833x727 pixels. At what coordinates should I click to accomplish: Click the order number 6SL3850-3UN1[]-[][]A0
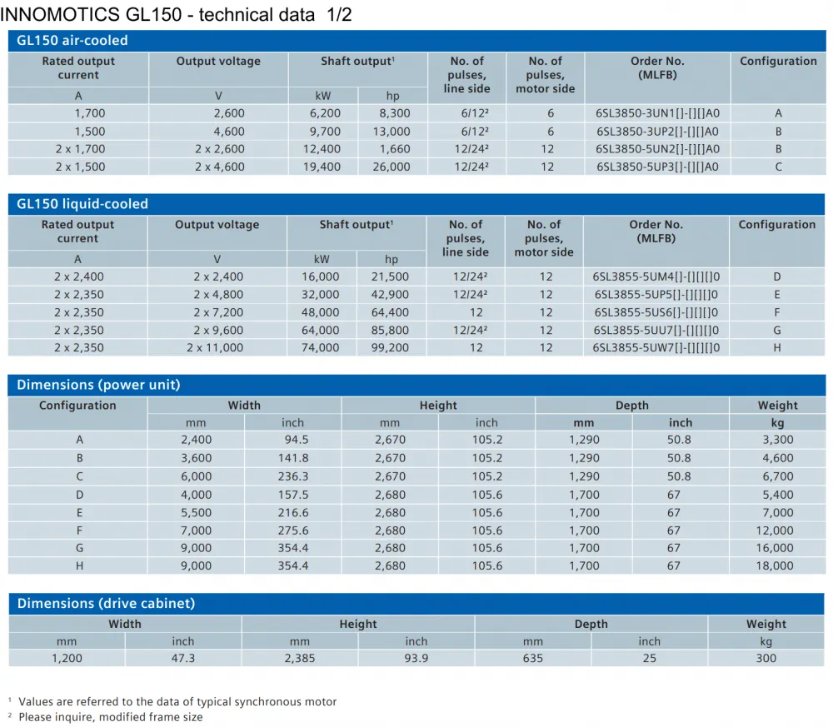tap(657, 113)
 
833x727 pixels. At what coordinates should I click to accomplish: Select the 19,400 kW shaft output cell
tap(322, 167)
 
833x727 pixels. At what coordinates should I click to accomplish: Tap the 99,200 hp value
tap(390, 348)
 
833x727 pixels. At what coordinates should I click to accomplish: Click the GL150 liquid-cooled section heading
tap(82, 204)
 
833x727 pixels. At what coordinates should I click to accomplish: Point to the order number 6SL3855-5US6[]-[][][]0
tap(656, 312)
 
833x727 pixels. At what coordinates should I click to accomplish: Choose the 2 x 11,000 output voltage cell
tap(215, 348)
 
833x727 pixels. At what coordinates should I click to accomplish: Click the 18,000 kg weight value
tap(775, 566)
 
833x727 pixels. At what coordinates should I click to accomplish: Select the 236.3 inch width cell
tap(292, 477)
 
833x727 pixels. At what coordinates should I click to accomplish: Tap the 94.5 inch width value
tap(297, 440)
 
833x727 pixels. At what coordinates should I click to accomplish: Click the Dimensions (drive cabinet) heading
tap(107, 603)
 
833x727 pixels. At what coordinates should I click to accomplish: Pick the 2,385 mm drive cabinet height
tap(300, 659)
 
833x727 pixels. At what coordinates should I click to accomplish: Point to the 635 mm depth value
tap(533, 659)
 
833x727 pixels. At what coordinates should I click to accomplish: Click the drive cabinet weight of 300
tap(766, 659)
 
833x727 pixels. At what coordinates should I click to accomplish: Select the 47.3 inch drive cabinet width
tap(183, 659)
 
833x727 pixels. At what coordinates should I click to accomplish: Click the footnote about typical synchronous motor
tap(177, 702)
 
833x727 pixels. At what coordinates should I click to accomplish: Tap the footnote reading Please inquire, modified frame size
tap(111, 718)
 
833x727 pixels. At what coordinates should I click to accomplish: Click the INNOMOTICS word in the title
tap(60, 14)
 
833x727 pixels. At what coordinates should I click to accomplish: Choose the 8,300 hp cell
tap(394, 113)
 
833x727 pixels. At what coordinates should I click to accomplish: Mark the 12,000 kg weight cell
tap(775, 530)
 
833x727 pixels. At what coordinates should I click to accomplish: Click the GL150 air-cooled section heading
tap(72, 40)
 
